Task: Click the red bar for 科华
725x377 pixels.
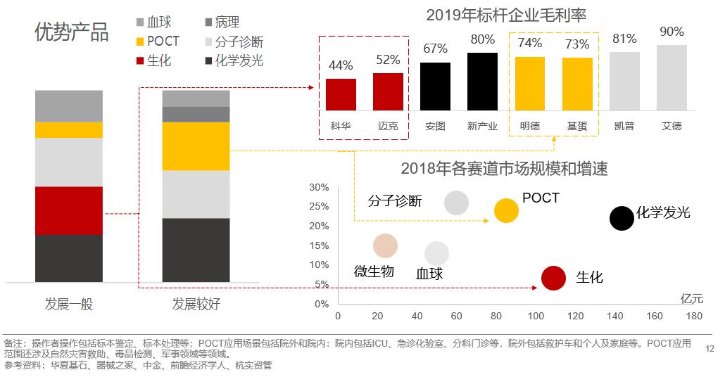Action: point(341,94)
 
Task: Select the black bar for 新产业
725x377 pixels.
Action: point(482,82)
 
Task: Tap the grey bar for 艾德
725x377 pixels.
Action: point(672,77)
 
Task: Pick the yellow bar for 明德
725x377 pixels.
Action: point(529,84)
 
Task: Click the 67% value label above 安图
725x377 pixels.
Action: point(435,49)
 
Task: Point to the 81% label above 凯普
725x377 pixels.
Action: point(624,39)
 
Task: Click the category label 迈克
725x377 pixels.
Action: point(388,127)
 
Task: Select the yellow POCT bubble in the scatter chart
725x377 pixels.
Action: point(506,210)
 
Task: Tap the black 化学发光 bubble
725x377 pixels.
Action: point(622,219)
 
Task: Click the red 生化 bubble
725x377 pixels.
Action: point(554,279)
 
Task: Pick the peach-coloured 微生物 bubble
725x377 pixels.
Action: point(385,246)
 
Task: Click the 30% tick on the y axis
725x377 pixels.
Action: point(319,187)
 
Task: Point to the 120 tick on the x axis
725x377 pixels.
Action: point(575,317)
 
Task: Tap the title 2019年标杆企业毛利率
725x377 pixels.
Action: point(506,15)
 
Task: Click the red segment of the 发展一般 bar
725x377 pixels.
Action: point(68,210)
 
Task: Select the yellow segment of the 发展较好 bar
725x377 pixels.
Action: point(196,146)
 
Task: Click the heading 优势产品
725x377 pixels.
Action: point(72,32)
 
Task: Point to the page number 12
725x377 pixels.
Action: point(709,348)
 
